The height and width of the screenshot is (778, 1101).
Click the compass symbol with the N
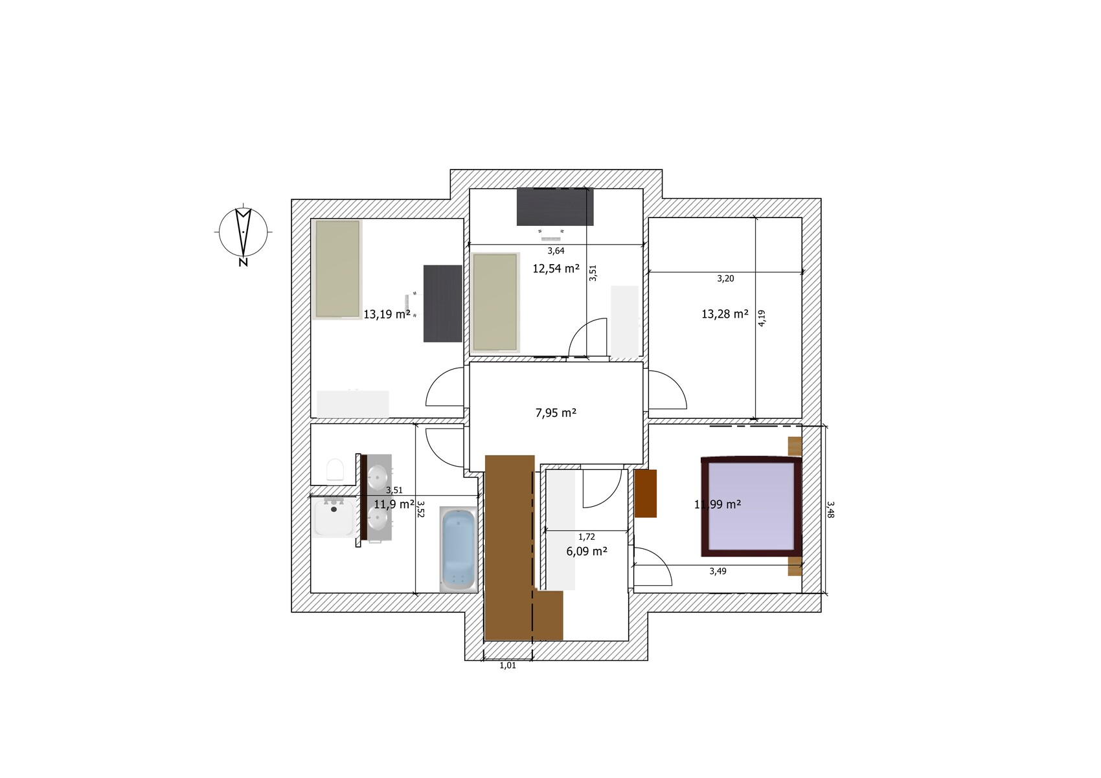[x=244, y=234]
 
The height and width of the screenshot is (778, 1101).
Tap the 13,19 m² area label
[x=387, y=315]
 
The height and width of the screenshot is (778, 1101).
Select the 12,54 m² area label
[x=556, y=269]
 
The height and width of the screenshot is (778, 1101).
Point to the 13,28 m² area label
[x=725, y=314]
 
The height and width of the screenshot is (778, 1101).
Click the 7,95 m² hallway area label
[x=556, y=413]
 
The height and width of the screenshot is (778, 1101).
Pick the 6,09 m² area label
[x=587, y=551]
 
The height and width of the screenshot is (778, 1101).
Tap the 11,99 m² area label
[x=718, y=504]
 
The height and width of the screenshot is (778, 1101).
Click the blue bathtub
[x=459, y=550]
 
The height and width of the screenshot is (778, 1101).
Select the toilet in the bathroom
[x=335, y=469]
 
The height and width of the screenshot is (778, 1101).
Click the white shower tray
[x=334, y=517]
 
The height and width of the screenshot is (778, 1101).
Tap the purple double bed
[x=751, y=506]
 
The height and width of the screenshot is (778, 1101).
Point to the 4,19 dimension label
[x=762, y=318]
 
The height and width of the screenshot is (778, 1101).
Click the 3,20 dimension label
[x=725, y=279]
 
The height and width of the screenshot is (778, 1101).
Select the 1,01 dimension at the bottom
[x=508, y=665]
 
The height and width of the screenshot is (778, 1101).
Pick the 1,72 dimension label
[x=587, y=537]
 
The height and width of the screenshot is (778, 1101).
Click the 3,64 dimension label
[x=556, y=251]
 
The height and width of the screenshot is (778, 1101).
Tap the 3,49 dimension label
[x=718, y=572]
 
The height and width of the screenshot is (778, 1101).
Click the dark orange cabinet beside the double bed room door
[x=645, y=494]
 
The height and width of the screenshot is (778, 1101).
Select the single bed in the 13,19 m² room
[x=337, y=269]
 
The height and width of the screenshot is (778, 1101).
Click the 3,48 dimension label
[x=830, y=510]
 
